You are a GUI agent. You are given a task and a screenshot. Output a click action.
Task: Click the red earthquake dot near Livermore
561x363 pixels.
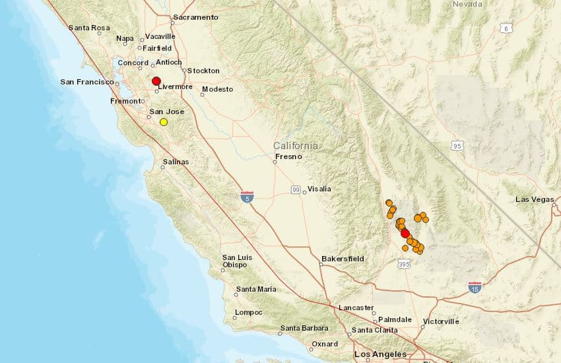coord(156,81)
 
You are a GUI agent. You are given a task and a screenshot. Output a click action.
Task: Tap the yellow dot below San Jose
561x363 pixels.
coord(164,121)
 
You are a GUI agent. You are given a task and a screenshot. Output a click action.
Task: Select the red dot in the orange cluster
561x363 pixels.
coord(405,233)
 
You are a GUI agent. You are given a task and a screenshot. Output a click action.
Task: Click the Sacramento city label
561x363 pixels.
coord(195,17)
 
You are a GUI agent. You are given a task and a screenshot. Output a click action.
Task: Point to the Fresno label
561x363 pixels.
coord(288,156)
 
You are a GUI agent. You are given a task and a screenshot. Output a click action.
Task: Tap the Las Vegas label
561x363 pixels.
coord(535,199)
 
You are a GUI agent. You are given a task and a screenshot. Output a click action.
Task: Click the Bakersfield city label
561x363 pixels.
coord(343,259)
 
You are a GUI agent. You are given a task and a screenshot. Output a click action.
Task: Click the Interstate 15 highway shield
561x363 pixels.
coord(475,287)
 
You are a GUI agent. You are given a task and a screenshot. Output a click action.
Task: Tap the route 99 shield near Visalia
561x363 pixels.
coord(296,189)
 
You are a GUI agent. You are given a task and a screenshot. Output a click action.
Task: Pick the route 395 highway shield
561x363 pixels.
coord(405,264)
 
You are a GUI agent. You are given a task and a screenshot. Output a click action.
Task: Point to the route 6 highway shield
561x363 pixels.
coord(506,28)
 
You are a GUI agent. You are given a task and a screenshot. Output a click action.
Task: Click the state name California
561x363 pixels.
coord(296,145)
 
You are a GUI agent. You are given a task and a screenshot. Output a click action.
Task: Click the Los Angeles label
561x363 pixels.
coord(380,354)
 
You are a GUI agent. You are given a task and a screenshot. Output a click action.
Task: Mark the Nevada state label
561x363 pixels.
coord(467,4)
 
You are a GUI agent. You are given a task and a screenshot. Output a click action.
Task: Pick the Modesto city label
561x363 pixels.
coord(218,89)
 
